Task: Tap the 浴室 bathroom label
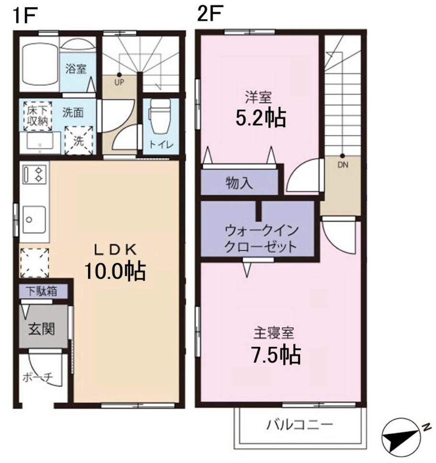click(x=76, y=68)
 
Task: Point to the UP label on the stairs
click(x=119, y=82)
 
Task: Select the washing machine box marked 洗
click(x=78, y=141)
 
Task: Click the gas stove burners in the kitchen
click(x=33, y=174)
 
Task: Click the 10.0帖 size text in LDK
click(x=115, y=271)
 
